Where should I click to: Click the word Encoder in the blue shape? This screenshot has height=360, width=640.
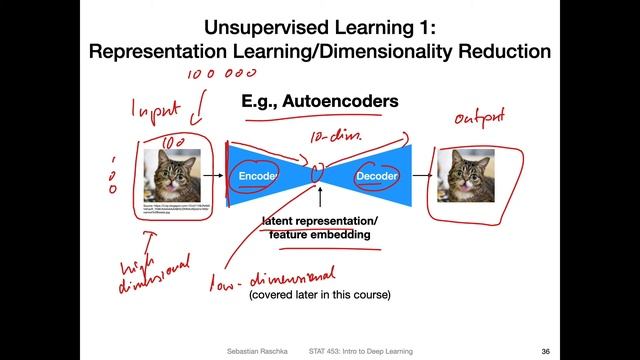click(x=257, y=175)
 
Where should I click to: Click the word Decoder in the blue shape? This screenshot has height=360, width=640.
click(x=377, y=175)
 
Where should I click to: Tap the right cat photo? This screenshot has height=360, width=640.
click(x=465, y=176)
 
